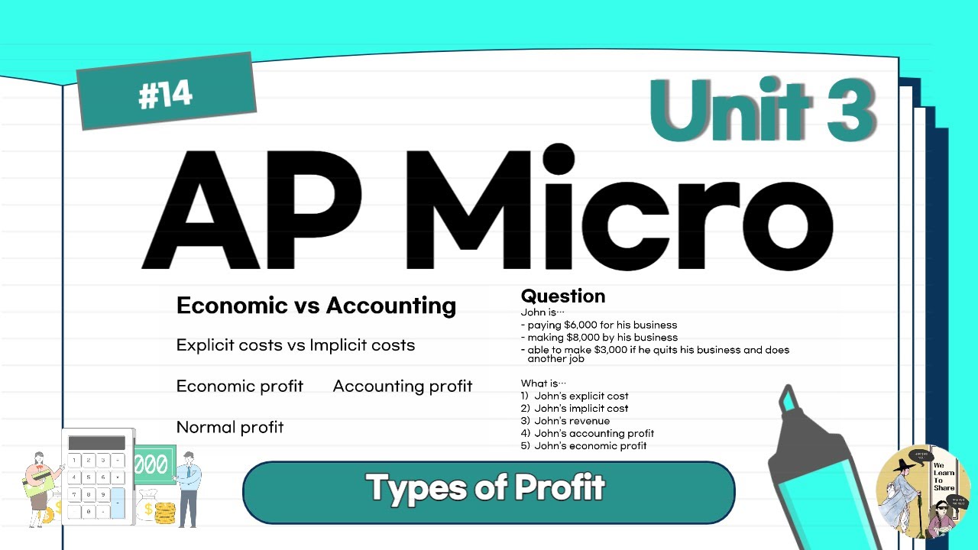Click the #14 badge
(166, 92)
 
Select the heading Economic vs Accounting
(316, 306)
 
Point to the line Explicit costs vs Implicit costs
(295, 345)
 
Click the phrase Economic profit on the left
(239, 387)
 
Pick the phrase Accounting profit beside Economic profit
(403, 387)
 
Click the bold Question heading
(562, 296)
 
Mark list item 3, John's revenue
(565, 421)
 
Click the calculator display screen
(96, 443)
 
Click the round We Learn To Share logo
(922, 491)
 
